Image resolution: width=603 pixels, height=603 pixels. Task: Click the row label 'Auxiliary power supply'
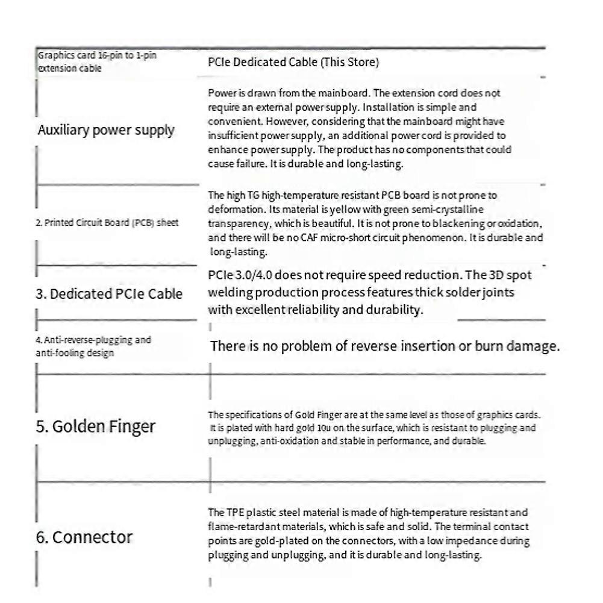click(x=106, y=130)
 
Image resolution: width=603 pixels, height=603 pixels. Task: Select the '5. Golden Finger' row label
click(x=95, y=426)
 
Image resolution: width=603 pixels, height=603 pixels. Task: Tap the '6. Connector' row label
click(x=84, y=537)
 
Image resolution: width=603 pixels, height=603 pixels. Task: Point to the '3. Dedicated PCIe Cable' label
click(x=108, y=294)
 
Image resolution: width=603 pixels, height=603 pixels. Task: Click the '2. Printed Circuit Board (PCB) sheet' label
click(x=107, y=222)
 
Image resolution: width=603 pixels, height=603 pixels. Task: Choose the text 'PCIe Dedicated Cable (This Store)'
click(x=293, y=62)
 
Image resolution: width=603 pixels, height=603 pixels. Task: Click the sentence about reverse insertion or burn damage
click(x=384, y=346)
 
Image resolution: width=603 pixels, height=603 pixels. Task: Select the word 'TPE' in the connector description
click(x=234, y=513)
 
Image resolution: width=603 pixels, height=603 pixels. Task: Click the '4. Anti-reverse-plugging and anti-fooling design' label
click(x=93, y=346)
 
